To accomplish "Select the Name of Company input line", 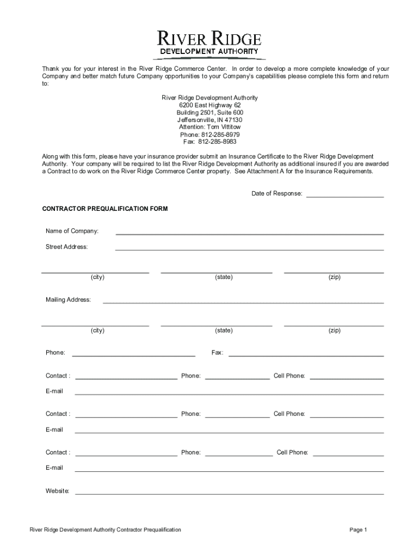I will click(249, 233).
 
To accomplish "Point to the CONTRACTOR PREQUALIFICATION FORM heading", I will click(105, 209).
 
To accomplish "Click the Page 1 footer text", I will click(359, 530).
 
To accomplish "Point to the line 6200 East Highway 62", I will click(209, 105).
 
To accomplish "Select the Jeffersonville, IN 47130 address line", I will click(209, 120).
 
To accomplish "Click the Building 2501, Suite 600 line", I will click(209, 112).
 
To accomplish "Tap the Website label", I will click(57, 491).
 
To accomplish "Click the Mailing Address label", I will click(68, 300).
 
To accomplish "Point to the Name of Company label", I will click(72, 231).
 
